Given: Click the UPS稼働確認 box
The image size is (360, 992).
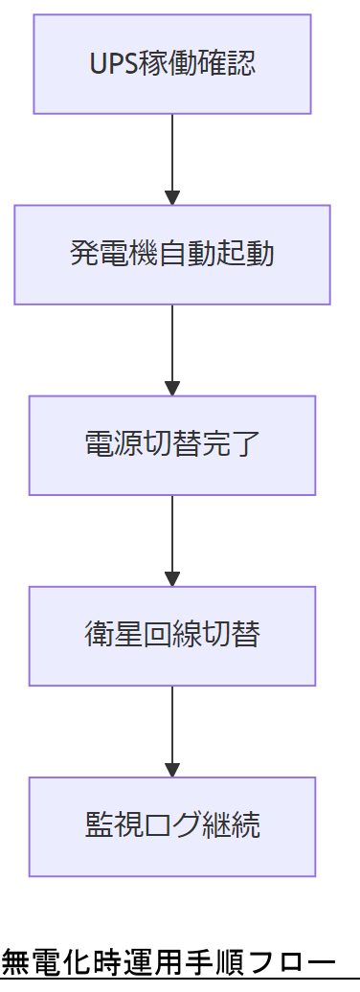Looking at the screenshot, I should tap(172, 64).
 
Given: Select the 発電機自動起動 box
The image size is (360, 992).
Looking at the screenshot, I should tap(172, 255).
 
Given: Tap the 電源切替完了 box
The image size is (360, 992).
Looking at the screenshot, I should tap(172, 445).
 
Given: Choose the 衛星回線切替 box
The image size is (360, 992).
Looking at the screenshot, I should tap(172, 636).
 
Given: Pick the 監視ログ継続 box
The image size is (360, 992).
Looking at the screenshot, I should tap(172, 826).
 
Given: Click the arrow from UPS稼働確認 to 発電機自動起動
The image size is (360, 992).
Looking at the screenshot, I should tap(172, 158).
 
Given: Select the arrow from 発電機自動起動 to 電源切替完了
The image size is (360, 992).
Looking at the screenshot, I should tap(172, 349).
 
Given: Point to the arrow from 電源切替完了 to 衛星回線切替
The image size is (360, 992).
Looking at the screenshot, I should tap(172, 539).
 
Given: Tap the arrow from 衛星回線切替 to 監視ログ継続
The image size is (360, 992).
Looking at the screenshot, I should tap(172, 730).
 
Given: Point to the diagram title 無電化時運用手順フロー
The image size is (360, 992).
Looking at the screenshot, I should tap(169, 960).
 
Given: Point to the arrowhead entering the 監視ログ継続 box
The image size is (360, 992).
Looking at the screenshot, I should tap(172, 770).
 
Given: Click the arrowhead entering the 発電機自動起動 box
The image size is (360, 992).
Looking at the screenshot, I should tap(172, 198).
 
